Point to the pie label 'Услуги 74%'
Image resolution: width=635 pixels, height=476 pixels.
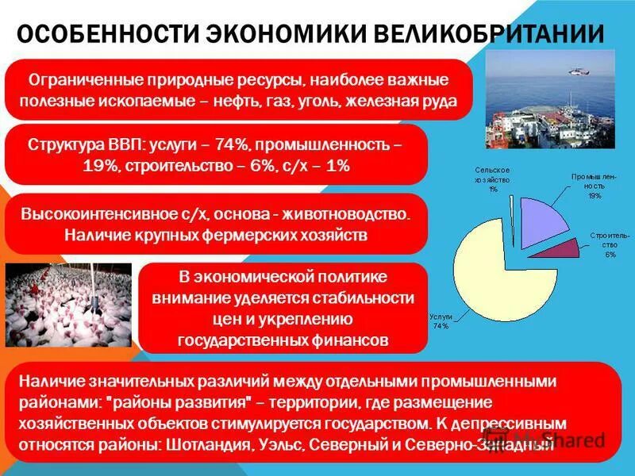(x=441, y=321)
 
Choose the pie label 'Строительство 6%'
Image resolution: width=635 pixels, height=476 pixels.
(x=610, y=245)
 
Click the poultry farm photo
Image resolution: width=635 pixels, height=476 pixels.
(x=68, y=305)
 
